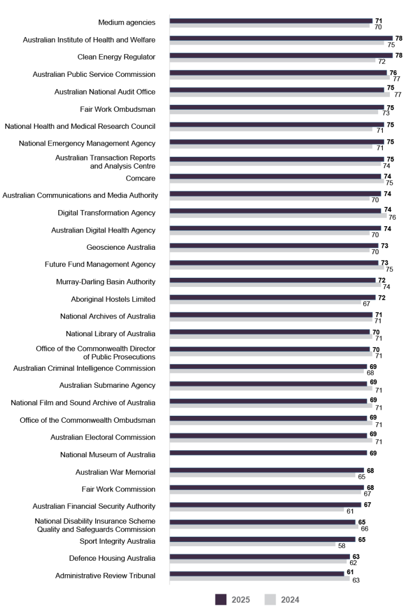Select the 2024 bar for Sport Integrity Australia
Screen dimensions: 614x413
(x=253, y=544)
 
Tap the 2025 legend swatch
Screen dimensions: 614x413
(x=221, y=600)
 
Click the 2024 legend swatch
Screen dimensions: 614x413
(x=270, y=600)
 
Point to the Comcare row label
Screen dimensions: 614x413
(x=140, y=176)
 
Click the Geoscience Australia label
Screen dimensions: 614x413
(x=121, y=247)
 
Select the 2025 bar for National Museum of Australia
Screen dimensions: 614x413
(x=268, y=453)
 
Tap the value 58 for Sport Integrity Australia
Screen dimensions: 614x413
(x=342, y=545)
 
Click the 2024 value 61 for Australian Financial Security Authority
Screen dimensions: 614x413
(x=350, y=511)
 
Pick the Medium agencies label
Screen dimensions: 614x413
(x=127, y=23)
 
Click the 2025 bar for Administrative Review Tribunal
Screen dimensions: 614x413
(x=257, y=573)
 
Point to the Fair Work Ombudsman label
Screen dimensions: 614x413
(x=118, y=109)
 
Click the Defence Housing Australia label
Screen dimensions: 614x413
(x=112, y=558)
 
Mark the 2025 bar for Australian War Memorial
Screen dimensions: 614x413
(x=267, y=470)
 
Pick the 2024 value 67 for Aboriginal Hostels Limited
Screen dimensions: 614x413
(x=367, y=304)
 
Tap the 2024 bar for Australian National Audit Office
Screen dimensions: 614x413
(x=280, y=95)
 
